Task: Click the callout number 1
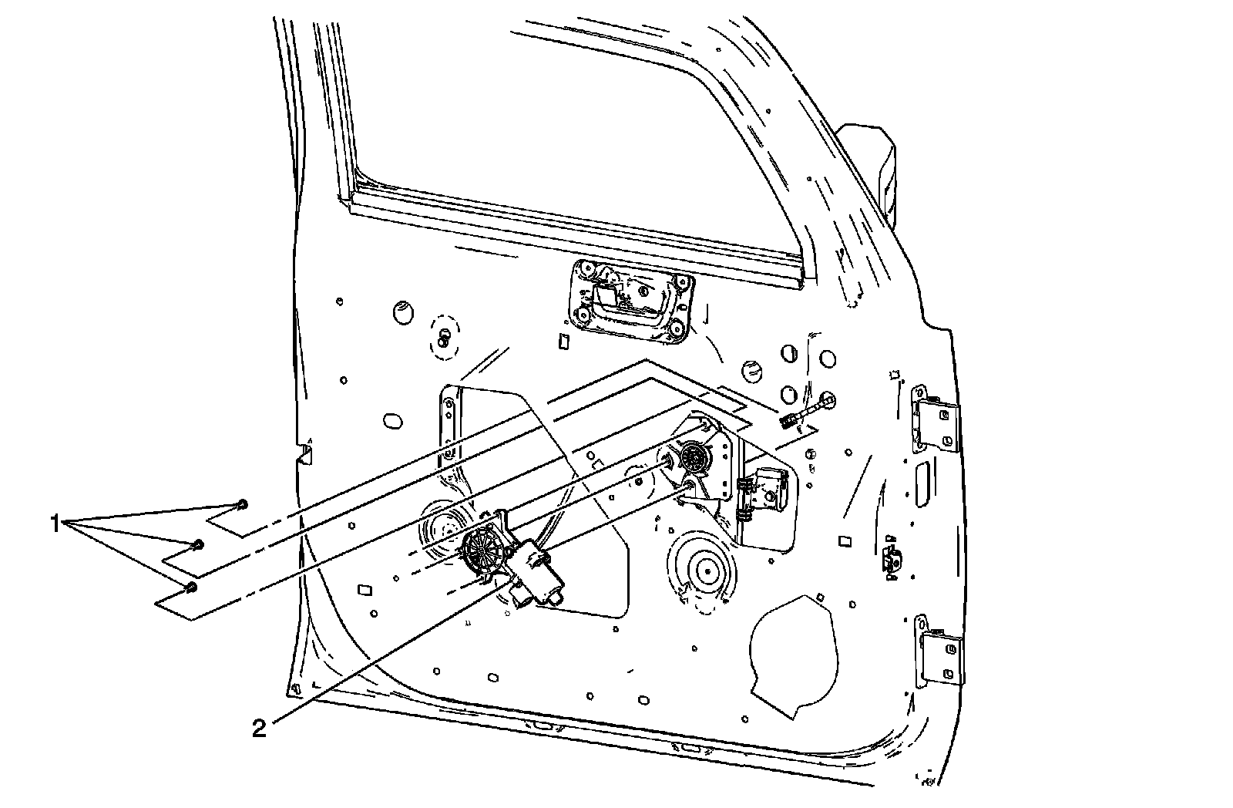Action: (x=55, y=524)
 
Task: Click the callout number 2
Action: (x=260, y=727)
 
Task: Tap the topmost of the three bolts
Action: (x=243, y=504)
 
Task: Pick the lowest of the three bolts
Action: (x=191, y=587)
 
